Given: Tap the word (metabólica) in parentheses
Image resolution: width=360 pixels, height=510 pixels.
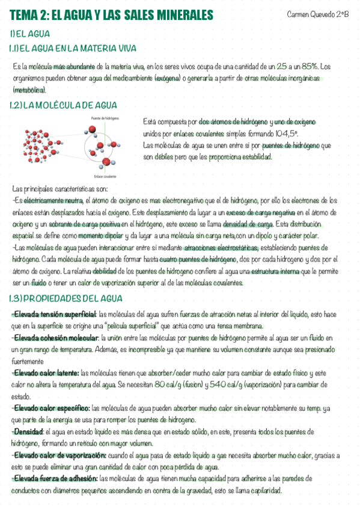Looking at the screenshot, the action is tap(29, 89).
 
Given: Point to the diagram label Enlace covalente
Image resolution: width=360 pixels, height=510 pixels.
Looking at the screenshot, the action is tap(105, 176).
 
